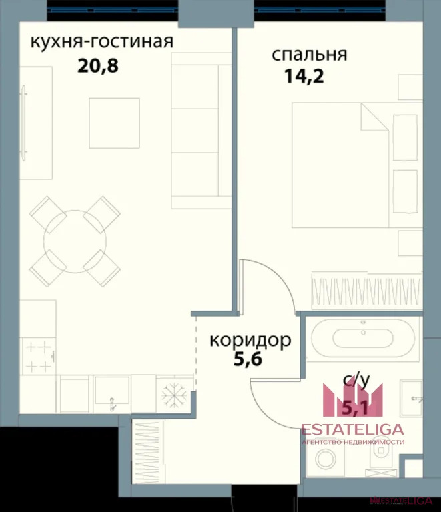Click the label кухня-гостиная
click(102, 41)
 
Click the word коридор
click(250, 341)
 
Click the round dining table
click(75, 241)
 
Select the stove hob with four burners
click(37, 356)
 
